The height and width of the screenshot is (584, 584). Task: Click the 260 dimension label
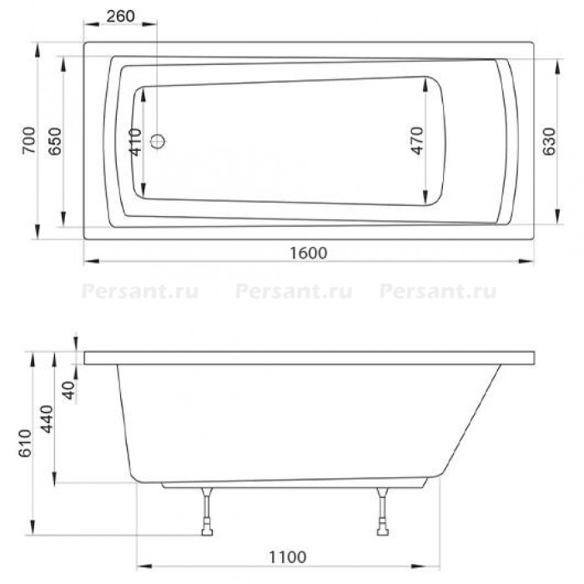[120, 16]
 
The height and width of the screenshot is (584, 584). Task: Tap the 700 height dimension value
[29, 140]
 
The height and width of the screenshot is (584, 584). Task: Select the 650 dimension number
[56, 141]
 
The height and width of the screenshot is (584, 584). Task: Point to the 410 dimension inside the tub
[135, 143]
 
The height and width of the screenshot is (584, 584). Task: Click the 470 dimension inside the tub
[417, 141]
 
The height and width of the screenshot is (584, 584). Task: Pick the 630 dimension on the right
[549, 142]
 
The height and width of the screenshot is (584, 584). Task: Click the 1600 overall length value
[309, 254]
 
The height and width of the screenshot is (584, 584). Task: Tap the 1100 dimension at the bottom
[288, 557]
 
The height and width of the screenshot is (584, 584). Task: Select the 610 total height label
[25, 444]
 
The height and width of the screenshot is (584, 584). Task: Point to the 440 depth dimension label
[47, 419]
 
